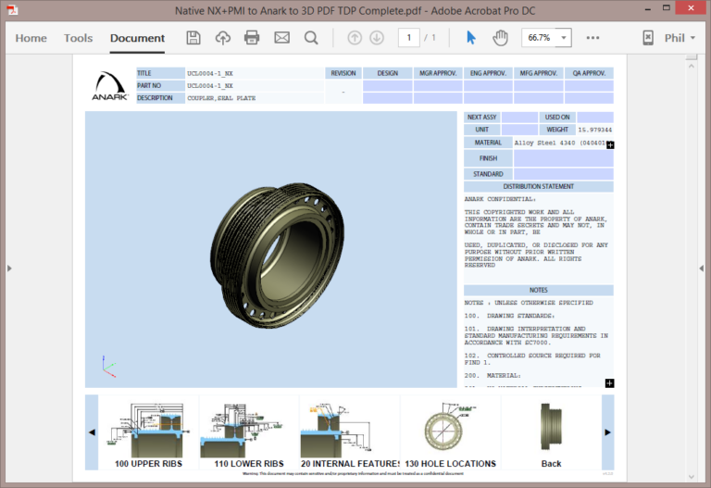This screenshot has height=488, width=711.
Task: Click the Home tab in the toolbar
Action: point(31,38)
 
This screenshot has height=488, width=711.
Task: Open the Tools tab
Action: point(79,38)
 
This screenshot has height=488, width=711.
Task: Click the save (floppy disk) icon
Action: point(193,38)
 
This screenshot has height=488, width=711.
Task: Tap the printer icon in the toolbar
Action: point(252,38)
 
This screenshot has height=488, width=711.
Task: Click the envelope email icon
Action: point(281,38)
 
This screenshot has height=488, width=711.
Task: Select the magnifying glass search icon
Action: point(311,38)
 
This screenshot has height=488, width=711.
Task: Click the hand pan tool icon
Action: point(500,38)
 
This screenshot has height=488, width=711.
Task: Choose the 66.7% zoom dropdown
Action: point(546,38)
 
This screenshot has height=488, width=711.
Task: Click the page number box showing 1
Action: point(408,38)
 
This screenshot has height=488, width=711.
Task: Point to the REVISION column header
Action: point(343,73)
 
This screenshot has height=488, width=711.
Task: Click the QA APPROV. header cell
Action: point(589,73)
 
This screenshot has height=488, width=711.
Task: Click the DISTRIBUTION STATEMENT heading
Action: point(538,186)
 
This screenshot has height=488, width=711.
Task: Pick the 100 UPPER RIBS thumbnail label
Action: point(148,463)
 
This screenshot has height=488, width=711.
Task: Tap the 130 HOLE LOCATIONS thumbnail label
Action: point(451,463)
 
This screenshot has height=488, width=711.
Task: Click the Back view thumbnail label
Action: point(551,463)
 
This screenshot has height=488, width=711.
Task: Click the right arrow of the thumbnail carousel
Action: point(607,432)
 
